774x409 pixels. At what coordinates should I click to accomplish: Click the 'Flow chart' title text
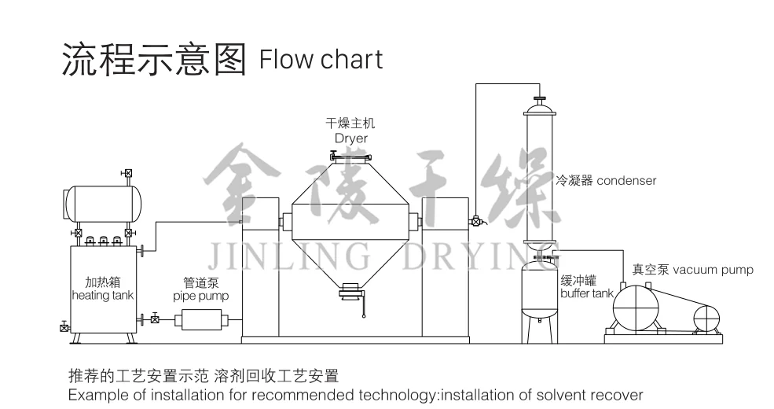tap(321, 59)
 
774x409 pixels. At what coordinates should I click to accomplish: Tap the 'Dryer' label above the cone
tap(350, 138)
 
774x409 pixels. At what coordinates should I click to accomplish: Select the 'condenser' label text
tap(626, 181)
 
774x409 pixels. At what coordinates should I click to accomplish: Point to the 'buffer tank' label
tap(587, 293)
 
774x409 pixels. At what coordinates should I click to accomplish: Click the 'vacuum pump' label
tap(713, 270)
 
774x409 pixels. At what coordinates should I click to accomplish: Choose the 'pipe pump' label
tap(200, 297)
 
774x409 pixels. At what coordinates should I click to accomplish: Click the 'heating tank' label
tap(102, 295)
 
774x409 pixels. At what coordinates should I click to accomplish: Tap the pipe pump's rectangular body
tap(200, 319)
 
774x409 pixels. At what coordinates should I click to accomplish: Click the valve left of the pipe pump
tap(155, 319)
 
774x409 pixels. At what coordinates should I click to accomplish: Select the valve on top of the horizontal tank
tap(127, 173)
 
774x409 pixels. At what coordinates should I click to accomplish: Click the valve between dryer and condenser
tap(476, 221)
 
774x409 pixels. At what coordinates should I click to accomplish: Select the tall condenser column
tap(540, 173)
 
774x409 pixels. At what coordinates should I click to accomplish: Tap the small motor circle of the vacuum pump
tap(706, 317)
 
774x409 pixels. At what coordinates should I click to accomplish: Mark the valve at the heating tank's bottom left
tap(64, 326)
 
